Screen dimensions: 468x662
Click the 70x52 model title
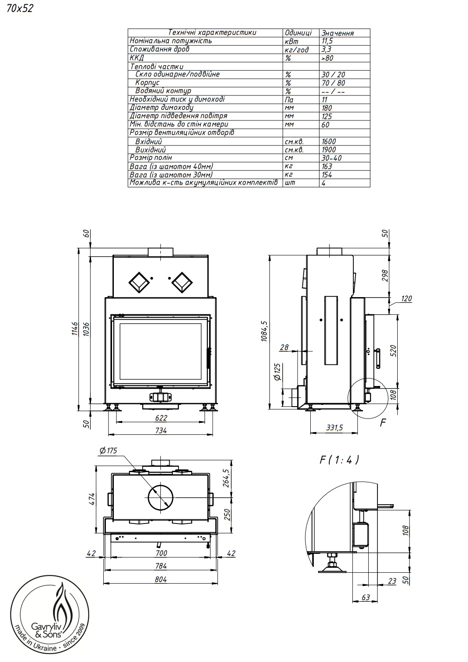[x=20, y=9]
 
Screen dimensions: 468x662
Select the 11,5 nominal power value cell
[x=327, y=41]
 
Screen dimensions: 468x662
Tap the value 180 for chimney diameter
[x=327, y=108]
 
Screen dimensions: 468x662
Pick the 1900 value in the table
[x=329, y=150]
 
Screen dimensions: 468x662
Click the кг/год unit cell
[x=296, y=50]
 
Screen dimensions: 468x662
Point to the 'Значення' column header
[x=337, y=33]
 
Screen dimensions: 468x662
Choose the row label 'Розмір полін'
[x=151, y=158]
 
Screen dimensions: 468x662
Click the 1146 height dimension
[x=75, y=329]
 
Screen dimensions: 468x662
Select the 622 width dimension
[x=161, y=418]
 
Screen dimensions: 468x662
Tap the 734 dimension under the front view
[x=161, y=430]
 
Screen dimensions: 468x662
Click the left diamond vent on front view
[x=139, y=282]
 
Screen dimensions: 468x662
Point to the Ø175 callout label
[x=109, y=451]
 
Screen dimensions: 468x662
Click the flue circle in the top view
[x=160, y=498]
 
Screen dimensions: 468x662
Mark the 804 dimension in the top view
[x=161, y=579]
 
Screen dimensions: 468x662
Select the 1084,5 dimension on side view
[x=264, y=331]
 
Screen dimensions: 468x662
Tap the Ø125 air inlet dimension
[x=277, y=372]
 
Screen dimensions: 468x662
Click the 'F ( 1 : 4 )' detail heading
[x=339, y=460]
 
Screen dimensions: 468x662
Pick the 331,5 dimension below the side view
[x=334, y=428]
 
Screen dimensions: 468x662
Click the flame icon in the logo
[x=62, y=601]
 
